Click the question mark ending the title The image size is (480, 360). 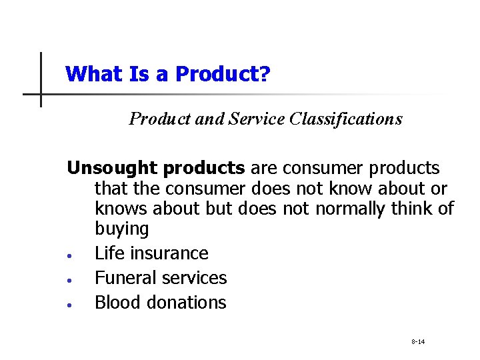tap(265, 73)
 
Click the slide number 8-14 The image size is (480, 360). tap(418, 342)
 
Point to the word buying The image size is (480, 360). tap(121, 229)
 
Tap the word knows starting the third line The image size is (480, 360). tap(121, 209)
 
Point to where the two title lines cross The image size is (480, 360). tap(41, 94)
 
